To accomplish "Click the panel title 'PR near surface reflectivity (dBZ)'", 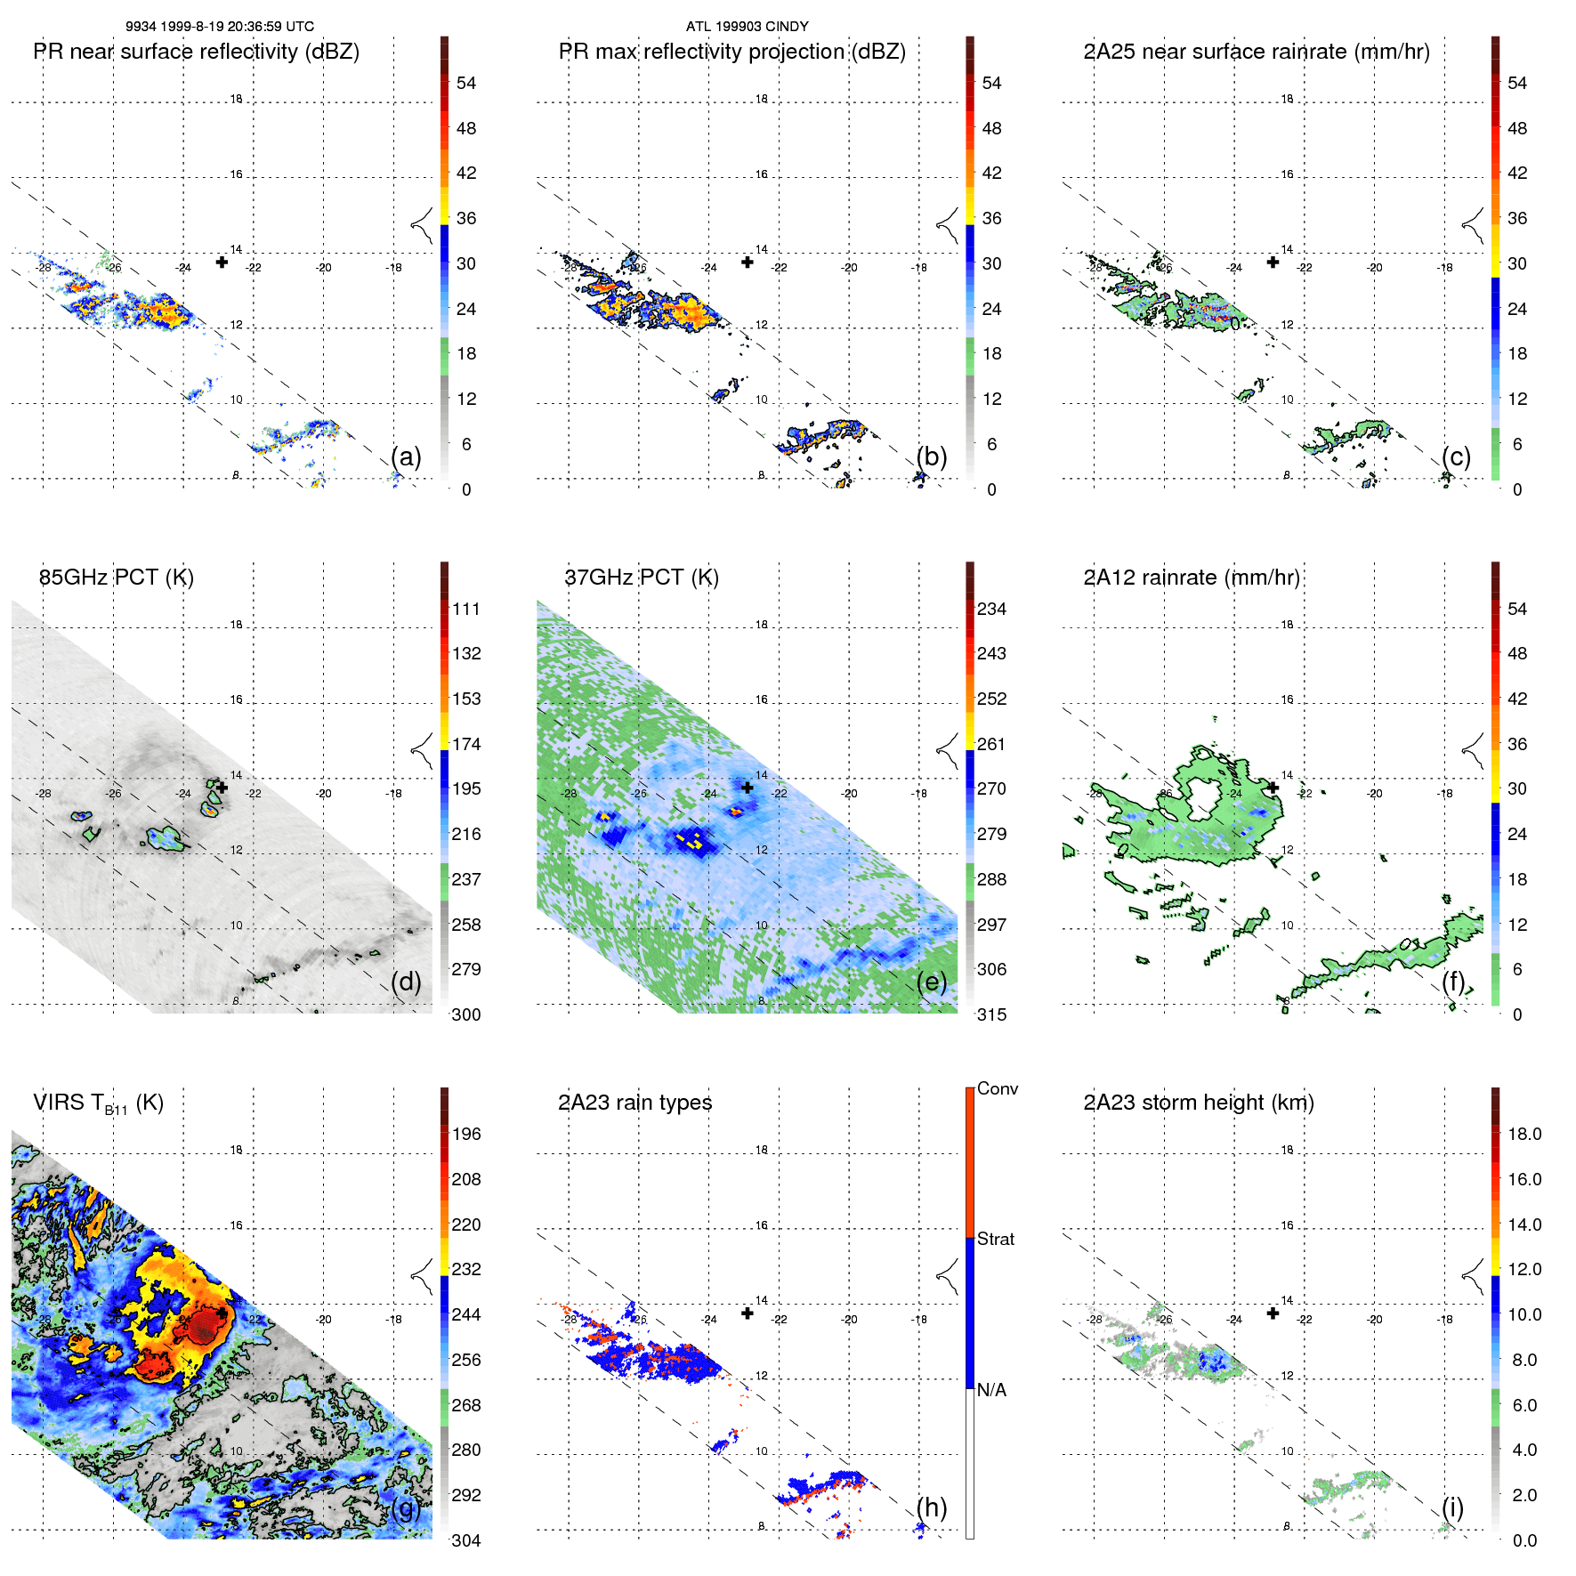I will pos(196,52).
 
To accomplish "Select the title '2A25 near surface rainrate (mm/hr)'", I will pos(1257,52).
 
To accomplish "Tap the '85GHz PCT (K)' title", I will pos(117,578).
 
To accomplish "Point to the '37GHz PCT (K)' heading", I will pos(642,578).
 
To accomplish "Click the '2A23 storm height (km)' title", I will pos(1199,1103).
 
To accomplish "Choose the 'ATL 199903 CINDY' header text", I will pos(747,27).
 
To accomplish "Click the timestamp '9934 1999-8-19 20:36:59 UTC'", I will pos(220,27).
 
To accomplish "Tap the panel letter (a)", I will pos(406,457).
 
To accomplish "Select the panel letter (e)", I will pos(932,982).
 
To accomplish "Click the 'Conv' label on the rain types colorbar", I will pos(998,1089).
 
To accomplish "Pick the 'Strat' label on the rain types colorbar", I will pos(996,1240).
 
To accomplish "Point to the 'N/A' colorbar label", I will pos(991,1390).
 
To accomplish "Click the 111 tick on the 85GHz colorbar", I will pos(466,610).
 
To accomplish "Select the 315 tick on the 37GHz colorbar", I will pos(991,1014).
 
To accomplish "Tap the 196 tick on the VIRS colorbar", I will pos(466,1135).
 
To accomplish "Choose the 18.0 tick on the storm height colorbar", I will pos(1524,1135).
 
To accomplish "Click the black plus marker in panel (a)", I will pos(222,262).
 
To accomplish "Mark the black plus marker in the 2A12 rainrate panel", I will pos(1273,788).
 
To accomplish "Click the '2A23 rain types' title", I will pos(634,1103).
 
